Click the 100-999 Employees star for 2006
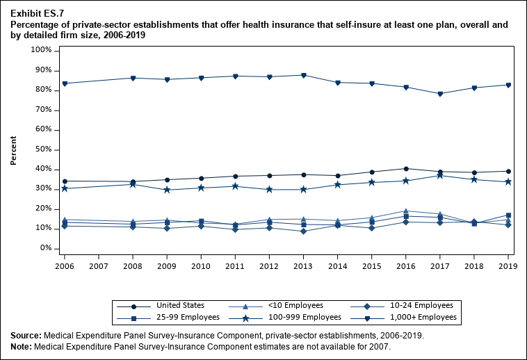65,188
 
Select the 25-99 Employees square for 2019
508,215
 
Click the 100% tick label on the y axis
41,51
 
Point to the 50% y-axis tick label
43,149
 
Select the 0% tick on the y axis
46,248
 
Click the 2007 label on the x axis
99,266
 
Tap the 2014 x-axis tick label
337,266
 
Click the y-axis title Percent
14,149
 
